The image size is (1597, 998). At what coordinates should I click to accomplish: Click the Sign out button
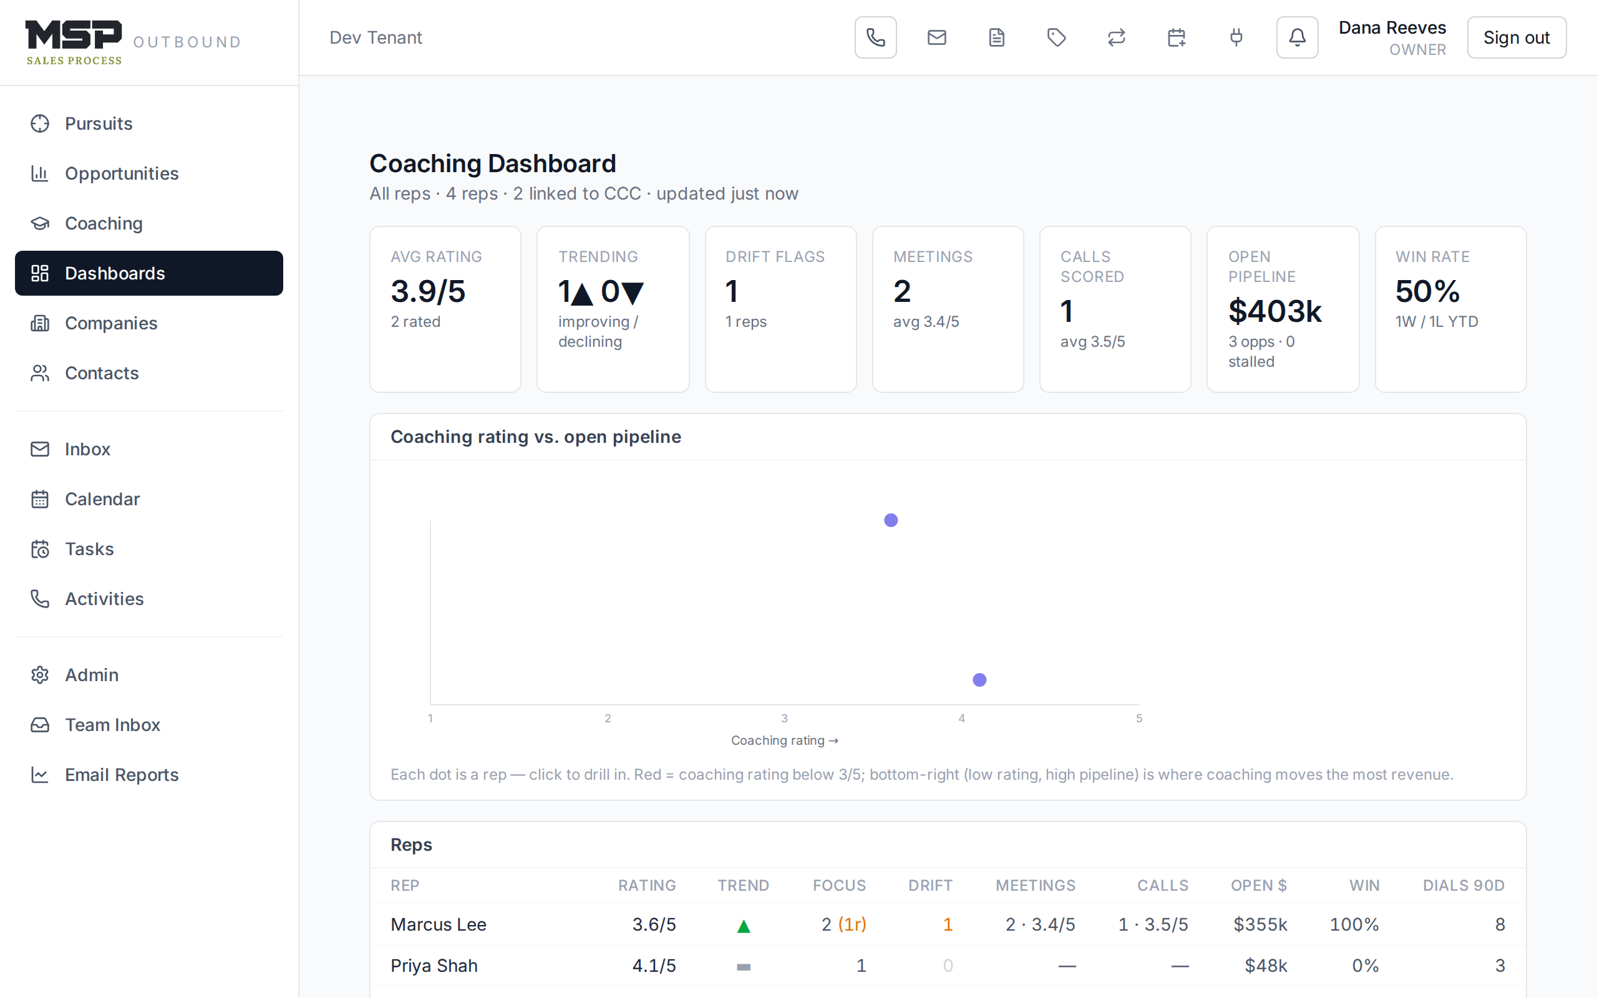pyautogui.click(x=1516, y=37)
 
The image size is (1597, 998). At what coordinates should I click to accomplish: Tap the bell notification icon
pyautogui.click(x=1297, y=37)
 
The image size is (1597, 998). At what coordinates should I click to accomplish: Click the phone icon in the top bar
pyautogui.click(x=875, y=37)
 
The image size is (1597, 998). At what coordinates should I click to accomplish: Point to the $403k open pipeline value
pyautogui.click(x=1275, y=311)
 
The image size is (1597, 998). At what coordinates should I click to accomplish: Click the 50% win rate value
pyautogui.click(x=1427, y=291)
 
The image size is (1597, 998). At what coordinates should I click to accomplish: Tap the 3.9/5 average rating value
pyautogui.click(x=427, y=291)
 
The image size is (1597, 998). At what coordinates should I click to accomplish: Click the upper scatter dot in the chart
pyautogui.click(x=891, y=520)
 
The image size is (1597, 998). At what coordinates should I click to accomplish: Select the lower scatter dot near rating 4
pyautogui.click(x=979, y=680)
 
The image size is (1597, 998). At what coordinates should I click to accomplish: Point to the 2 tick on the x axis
pyautogui.click(x=608, y=718)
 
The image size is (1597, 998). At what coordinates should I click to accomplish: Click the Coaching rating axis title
pyautogui.click(x=785, y=740)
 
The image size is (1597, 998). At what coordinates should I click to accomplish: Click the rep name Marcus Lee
pyautogui.click(x=438, y=924)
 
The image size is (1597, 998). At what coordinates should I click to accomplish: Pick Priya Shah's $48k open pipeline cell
pyautogui.click(x=1266, y=966)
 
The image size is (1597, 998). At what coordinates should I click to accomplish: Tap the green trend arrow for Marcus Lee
pyautogui.click(x=744, y=926)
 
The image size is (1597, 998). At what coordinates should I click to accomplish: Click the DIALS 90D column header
pyautogui.click(x=1464, y=885)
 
